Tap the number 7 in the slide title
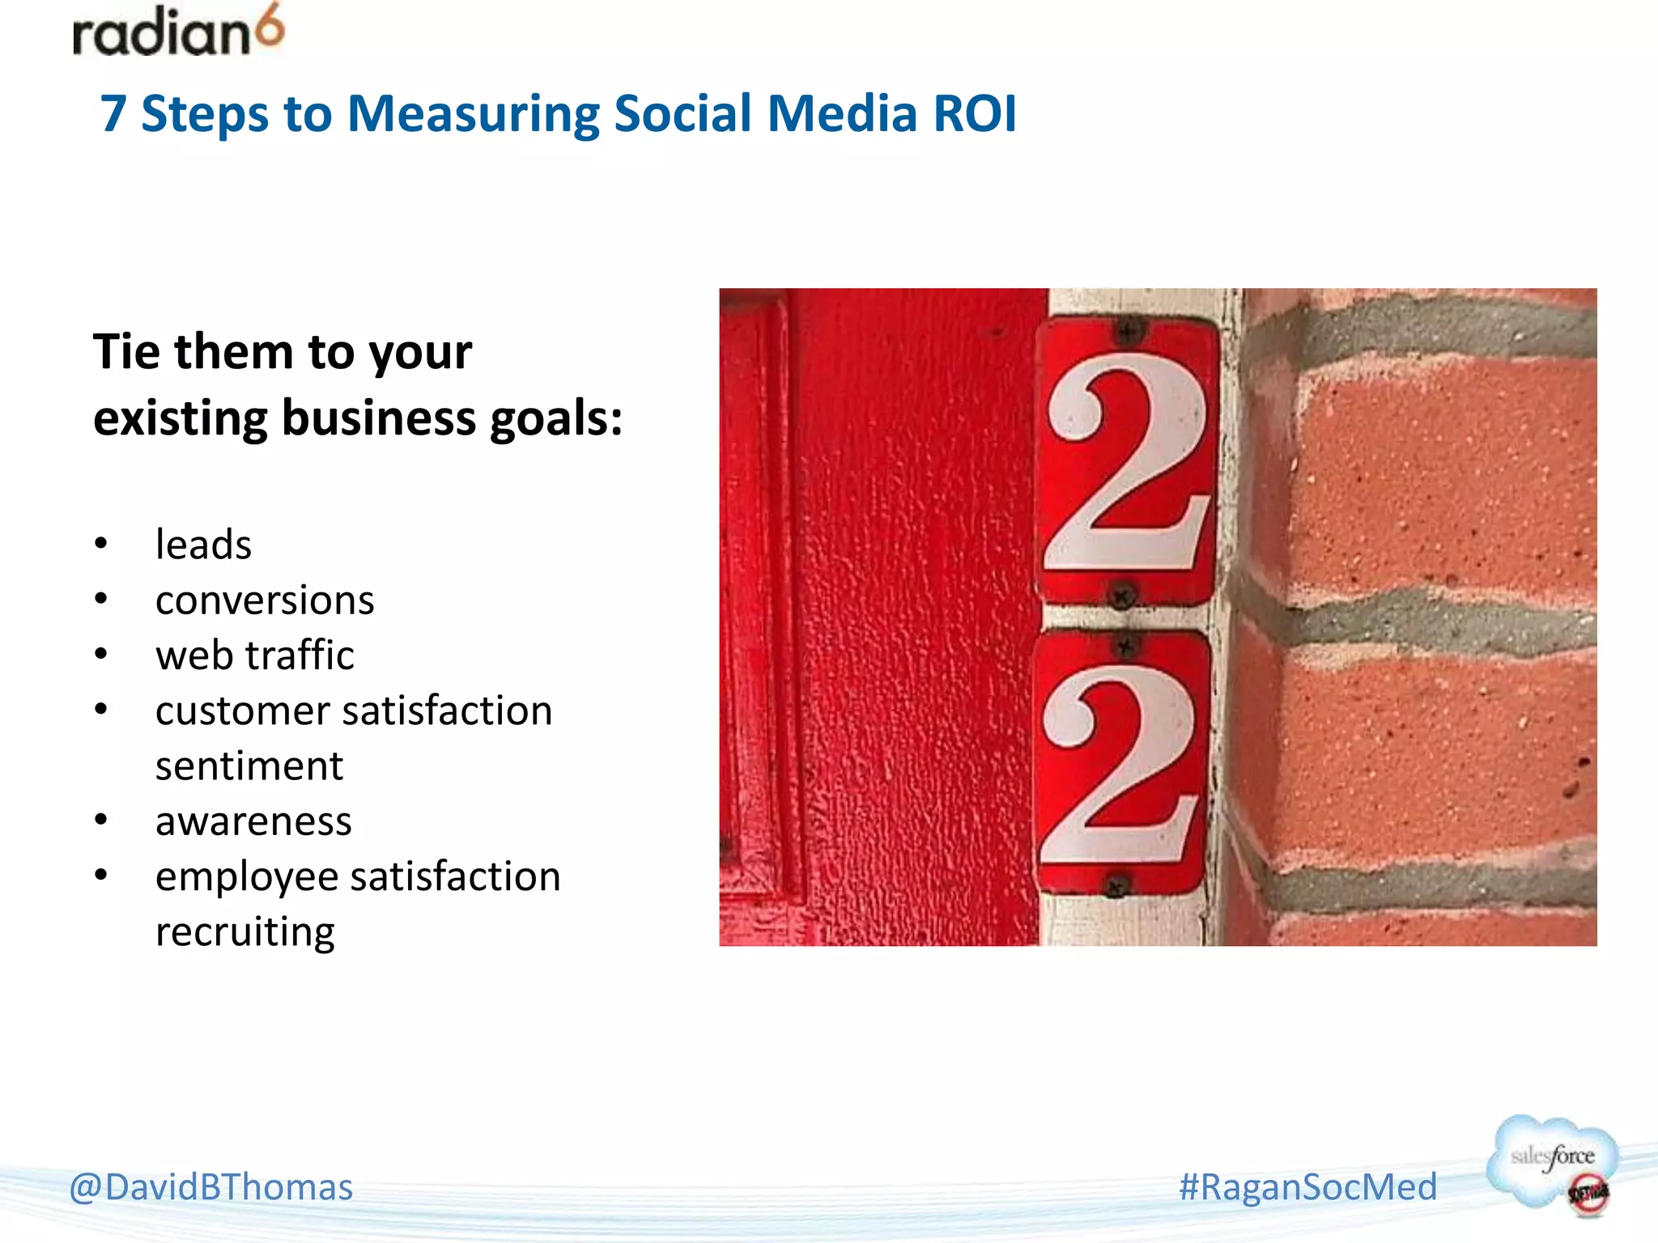coord(113,113)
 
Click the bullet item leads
coord(203,544)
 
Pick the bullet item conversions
coord(265,600)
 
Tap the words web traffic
coord(255,655)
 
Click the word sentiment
coord(249,766)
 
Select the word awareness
coord(253,821)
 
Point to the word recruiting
coord(245,932)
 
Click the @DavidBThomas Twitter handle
coord(211,1187)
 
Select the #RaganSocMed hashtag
coord(1307,1187)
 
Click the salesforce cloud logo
coord(1552,1163)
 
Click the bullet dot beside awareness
coord(100,821)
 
